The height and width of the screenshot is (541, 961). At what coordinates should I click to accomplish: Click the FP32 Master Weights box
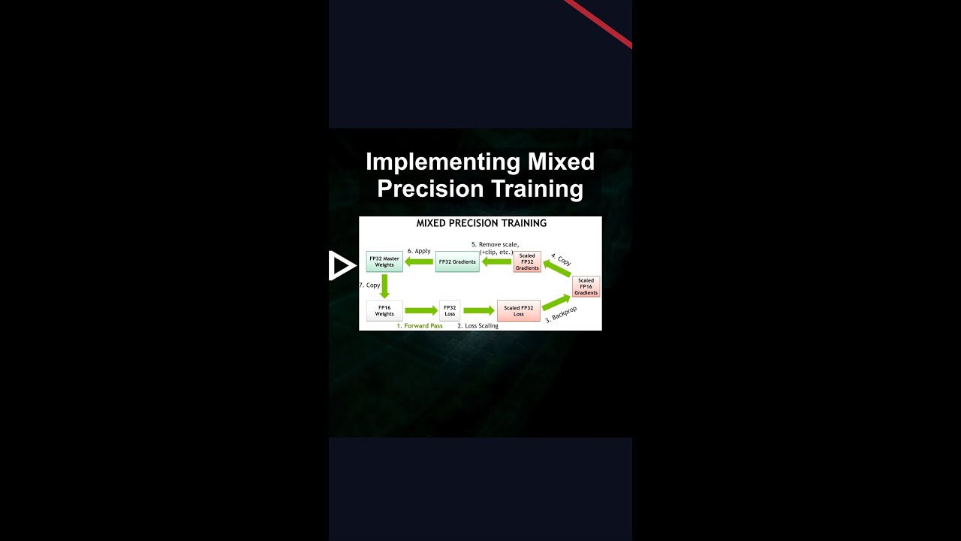[384, 261]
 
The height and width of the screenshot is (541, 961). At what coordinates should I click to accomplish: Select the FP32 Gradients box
[457, 261]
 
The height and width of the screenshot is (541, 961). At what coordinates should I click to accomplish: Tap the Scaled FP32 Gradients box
[527, 261]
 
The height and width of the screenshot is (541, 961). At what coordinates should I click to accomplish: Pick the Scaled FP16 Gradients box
[586, 286]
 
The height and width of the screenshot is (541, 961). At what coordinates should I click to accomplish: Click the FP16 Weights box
[384, 310]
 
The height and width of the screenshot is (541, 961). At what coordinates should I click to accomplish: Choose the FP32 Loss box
[450, 310]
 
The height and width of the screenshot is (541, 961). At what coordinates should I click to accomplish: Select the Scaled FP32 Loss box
[518, 310]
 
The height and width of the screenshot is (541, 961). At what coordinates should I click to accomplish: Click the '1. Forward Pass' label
[420, 326]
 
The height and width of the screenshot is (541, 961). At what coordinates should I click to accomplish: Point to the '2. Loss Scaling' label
[478, 326]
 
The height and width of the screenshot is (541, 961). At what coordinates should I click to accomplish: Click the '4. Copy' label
[561, 259]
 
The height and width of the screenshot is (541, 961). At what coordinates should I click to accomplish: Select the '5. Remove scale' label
[495, 244]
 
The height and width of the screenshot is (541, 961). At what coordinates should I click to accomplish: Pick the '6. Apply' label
[419, 251]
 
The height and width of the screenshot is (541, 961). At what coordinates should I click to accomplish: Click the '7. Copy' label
[370, 286]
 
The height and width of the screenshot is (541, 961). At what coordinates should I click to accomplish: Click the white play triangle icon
[341, 265]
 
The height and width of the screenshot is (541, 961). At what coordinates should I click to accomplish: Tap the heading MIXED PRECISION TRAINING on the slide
[481, 223]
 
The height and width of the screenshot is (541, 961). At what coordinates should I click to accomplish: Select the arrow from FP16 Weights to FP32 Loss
[421, 310]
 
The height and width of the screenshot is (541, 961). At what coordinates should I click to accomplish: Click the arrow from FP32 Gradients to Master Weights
[419, 261]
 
